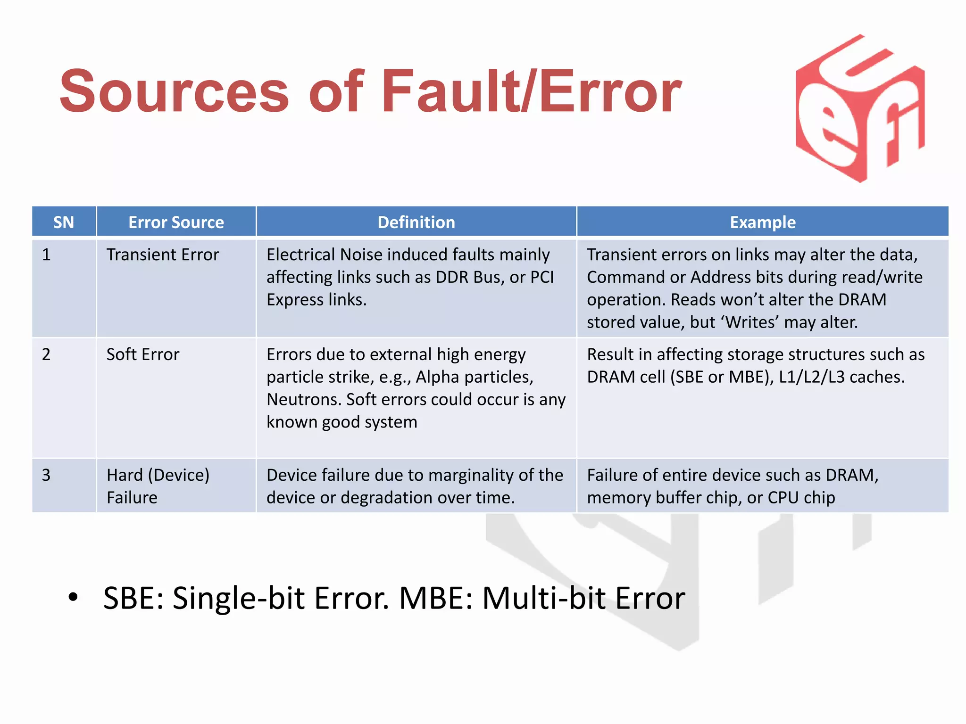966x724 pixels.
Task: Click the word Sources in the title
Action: pyautogui.click(x=174, y=91)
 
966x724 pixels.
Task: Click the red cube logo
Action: pyautogui.click(x=860, y=108)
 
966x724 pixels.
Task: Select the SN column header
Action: pyautogui.click(x=64, y=222)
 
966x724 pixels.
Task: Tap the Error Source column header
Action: pyautogui.click(x=176, y=222)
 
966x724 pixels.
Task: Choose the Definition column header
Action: pyautogui.click(x=416, y=222)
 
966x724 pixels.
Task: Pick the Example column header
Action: pyautogui.click(x=762, y=222)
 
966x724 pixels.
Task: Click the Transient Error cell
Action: pyautogui.click(x=163, y=255)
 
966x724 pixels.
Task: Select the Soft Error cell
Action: pyautogui.click(x=143, y=354)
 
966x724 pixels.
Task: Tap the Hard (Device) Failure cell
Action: pyautogui.click(x=158, y=486)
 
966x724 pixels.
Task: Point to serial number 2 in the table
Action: pyautogui.click(x=46, y=354)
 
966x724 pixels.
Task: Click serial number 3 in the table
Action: pyautogui.click(x=46, y=475)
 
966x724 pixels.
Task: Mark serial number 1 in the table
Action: pyautogui.click(x=46, y=255)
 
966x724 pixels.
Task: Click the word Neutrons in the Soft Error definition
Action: pyautogui.click(x=303, y=400)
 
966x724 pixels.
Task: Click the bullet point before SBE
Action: pyautogui.click(x=73, y=597)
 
